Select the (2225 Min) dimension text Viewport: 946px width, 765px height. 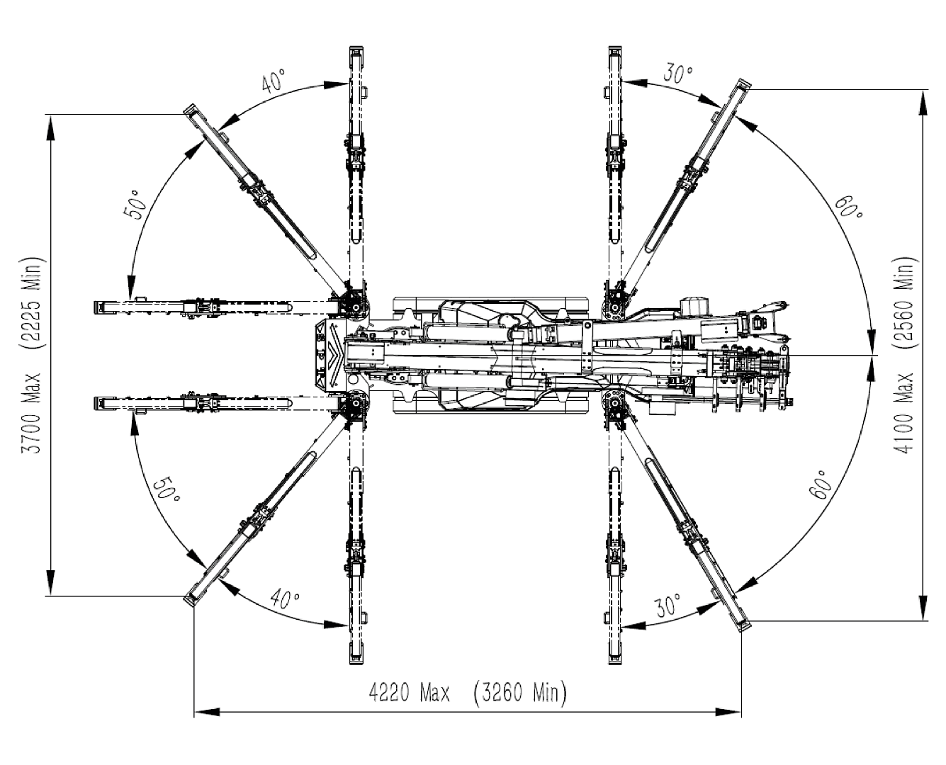pos(33,302)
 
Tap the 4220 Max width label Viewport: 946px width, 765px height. pos(409,692)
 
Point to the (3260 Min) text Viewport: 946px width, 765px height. pos(519,692)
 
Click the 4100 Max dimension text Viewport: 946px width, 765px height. pos(905,415)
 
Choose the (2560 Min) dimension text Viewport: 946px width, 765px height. pos(905,303)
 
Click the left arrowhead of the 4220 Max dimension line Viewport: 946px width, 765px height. pos(203,710)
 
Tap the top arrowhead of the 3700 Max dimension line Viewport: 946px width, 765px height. pos(50,125)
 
